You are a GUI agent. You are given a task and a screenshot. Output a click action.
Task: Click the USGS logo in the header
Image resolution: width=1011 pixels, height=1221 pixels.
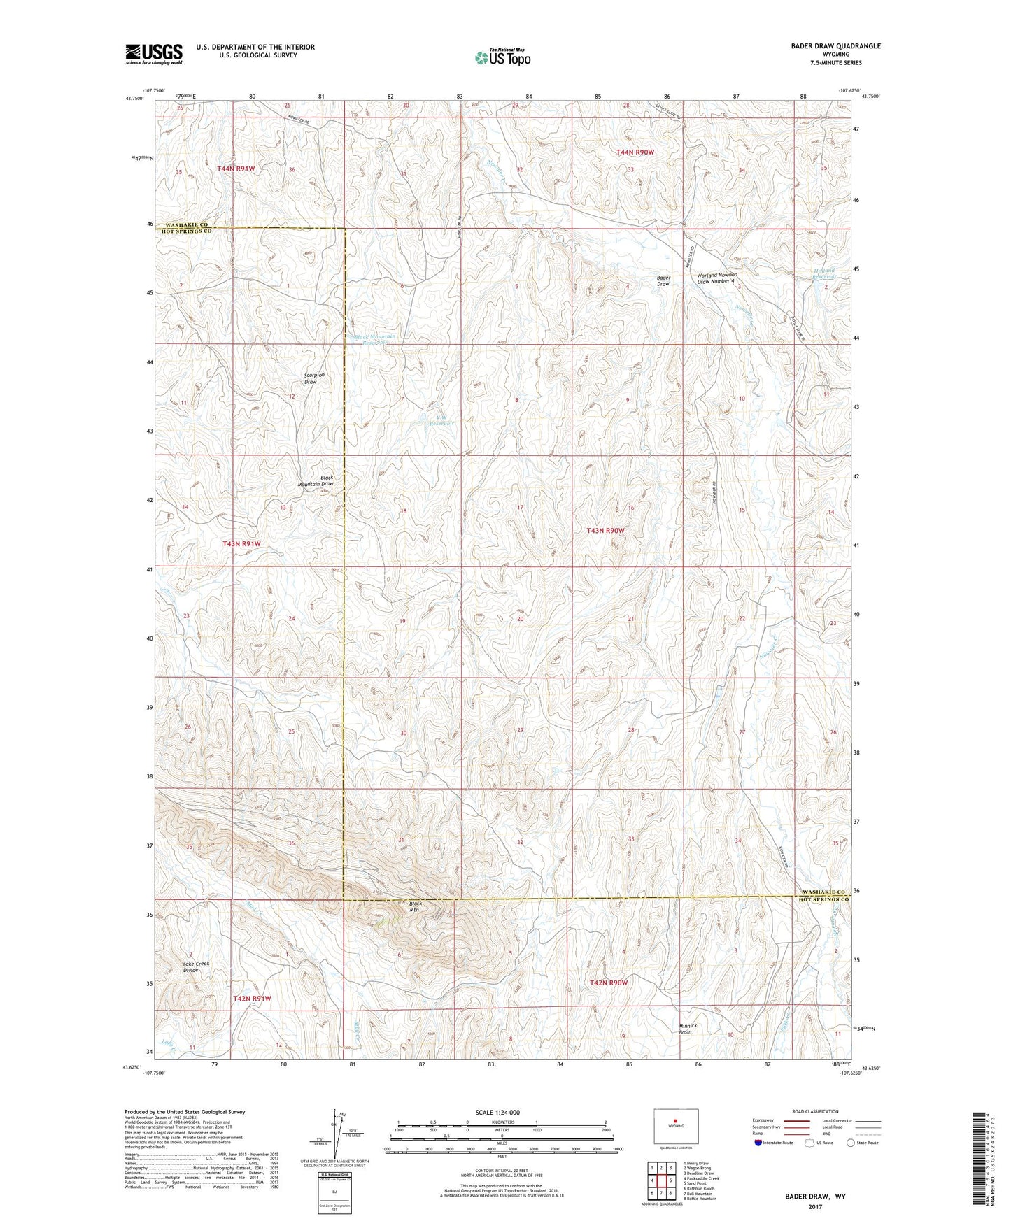point(153,54)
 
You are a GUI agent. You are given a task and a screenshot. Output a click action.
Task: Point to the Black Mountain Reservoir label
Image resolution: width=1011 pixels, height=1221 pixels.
point(374,339)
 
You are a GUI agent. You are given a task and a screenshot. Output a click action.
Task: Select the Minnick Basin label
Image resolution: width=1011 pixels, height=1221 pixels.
point(688,1029)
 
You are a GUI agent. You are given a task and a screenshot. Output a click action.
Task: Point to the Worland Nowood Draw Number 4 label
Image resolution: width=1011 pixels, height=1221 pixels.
point(716,278)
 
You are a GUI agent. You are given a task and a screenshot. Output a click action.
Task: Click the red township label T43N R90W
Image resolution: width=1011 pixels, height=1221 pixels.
point(605,531)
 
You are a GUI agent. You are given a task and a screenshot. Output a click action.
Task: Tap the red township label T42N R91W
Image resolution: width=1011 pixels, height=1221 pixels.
point(251,999)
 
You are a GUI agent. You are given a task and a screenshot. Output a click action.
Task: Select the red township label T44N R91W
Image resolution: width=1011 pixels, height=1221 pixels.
point(236,169)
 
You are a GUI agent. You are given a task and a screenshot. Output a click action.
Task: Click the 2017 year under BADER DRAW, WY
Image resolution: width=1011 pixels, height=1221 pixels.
point(814,1206)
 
